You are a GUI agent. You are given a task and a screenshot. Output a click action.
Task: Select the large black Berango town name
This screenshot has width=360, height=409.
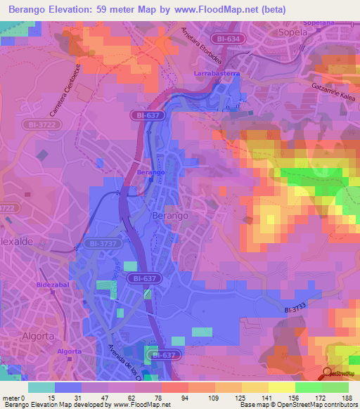[170, 216]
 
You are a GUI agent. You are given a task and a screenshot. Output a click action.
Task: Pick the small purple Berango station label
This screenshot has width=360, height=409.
[150, 172]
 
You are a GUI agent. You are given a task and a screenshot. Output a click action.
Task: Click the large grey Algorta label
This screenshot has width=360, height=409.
[38, 336]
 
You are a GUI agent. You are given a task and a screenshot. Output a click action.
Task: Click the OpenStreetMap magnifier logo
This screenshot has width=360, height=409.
[328, 373]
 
